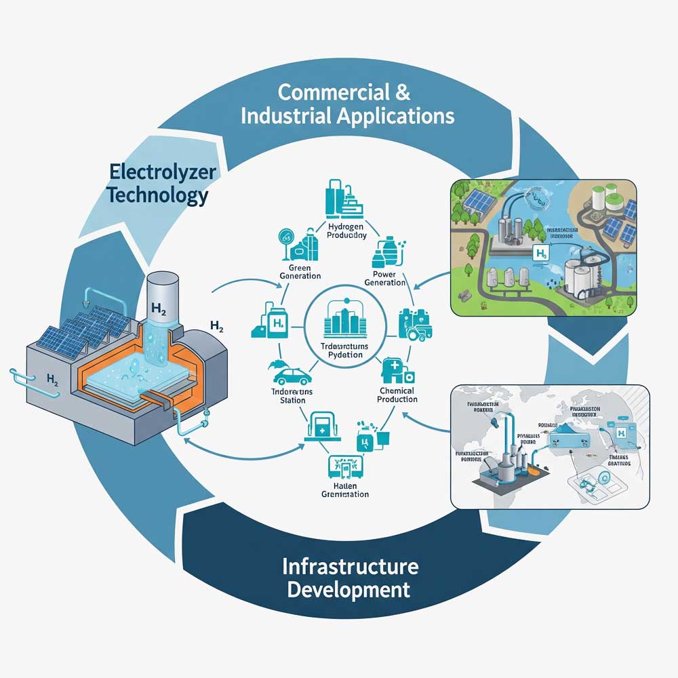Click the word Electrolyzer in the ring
tap(162, 172)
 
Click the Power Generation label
tap(384, 278)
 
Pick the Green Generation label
tap(300, 271)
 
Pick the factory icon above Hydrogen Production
tap(344, 197)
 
